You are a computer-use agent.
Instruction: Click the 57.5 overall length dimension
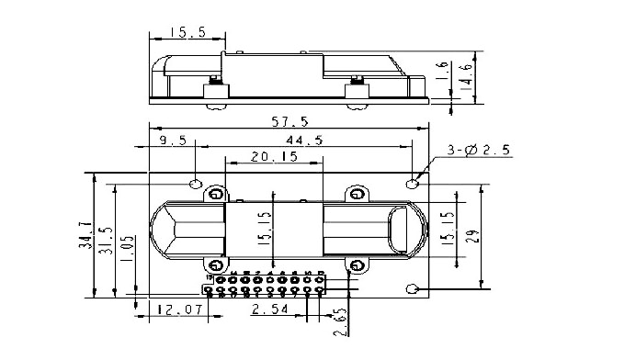[290, 121]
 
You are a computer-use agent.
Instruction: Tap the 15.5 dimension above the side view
[188, 32]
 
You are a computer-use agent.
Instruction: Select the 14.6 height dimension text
[467, 77]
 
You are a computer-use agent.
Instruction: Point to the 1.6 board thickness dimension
[442, 70]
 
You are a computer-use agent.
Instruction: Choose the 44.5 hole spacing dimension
[304, 140]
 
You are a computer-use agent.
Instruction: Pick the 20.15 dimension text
[274, 156]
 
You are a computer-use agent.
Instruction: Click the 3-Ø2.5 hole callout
[479, 150]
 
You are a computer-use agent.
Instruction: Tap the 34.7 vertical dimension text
[85, 235]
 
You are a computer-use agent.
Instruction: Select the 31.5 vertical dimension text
[106, 241]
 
